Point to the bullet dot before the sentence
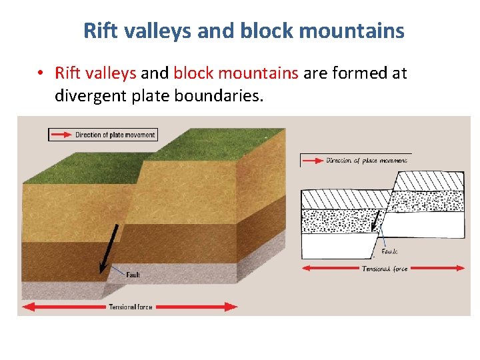tap(41, 73)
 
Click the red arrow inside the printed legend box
tap(61, 135)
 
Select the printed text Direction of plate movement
tap(115, 135)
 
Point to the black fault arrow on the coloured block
tap(109, 248)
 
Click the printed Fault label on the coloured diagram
tap(133, 275)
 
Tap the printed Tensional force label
tap(131, 307)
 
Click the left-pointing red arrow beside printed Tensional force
tap(63, 307)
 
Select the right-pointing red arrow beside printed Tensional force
tap(197, 307)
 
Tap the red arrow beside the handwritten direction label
tap(312, 161)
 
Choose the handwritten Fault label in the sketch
tap(390, 252)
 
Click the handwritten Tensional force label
tap(384, 269)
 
